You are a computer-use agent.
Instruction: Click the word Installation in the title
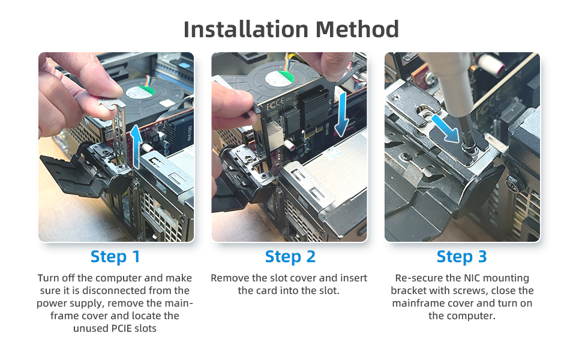point(246,29)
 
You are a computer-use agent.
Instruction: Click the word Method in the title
point(357,29)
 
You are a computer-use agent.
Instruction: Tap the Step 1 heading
point(115,256)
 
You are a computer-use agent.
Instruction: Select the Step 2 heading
point(290,256)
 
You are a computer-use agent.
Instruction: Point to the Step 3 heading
point(462,256)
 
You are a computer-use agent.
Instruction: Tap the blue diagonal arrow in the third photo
point(445,128)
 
